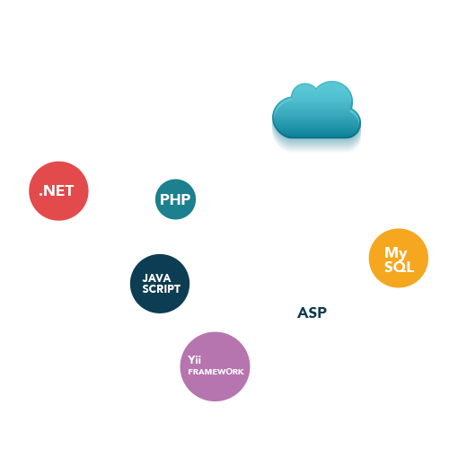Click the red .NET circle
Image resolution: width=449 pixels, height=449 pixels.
[58, 191]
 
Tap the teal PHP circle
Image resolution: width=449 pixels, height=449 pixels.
[175, 199]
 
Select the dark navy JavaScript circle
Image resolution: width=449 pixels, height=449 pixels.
[160, 284]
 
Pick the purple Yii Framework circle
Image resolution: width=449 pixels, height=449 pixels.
[215, 366]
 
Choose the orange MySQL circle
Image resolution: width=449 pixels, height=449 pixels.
[399, 258]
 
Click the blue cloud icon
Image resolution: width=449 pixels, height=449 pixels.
[316, 110]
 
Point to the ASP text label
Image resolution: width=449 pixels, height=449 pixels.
[312, 313]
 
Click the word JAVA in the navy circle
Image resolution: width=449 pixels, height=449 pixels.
[156, 278]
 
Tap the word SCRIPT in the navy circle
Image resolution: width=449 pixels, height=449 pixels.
[162, 289]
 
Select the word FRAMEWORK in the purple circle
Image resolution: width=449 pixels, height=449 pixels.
[216, 372]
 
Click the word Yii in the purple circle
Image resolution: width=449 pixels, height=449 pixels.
[194, 359]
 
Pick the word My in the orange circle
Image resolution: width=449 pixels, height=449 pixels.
[396, 253]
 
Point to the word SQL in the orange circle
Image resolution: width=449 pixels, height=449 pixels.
[400, 267]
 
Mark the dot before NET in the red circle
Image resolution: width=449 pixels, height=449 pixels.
[40, 195]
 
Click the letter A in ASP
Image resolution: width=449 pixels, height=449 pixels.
[303, 313]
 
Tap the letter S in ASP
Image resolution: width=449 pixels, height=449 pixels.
[312, 313]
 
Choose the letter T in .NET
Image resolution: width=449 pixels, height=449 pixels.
[68, 190]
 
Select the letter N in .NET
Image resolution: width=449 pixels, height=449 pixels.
[48, 190]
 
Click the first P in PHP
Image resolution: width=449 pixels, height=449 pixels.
[164, 199]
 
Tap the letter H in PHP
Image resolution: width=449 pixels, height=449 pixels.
[175, 199]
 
